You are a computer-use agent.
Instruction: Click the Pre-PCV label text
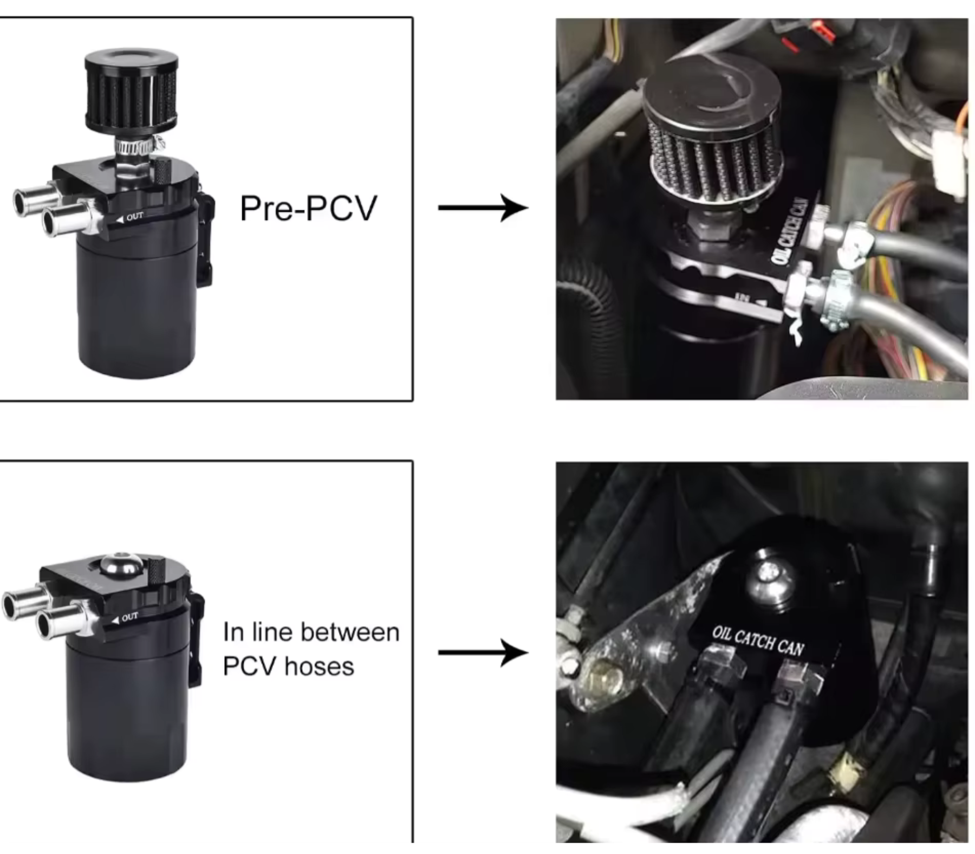point(308,208)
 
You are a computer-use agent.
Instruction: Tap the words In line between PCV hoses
point(311,649)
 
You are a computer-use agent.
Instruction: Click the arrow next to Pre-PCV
point(483,208)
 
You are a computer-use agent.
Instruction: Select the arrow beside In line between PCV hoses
point(483,652)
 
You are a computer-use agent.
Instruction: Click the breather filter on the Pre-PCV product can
point(132,89)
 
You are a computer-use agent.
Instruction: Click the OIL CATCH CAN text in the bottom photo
point(758,640)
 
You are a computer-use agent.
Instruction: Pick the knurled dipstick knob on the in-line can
point(156,572)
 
